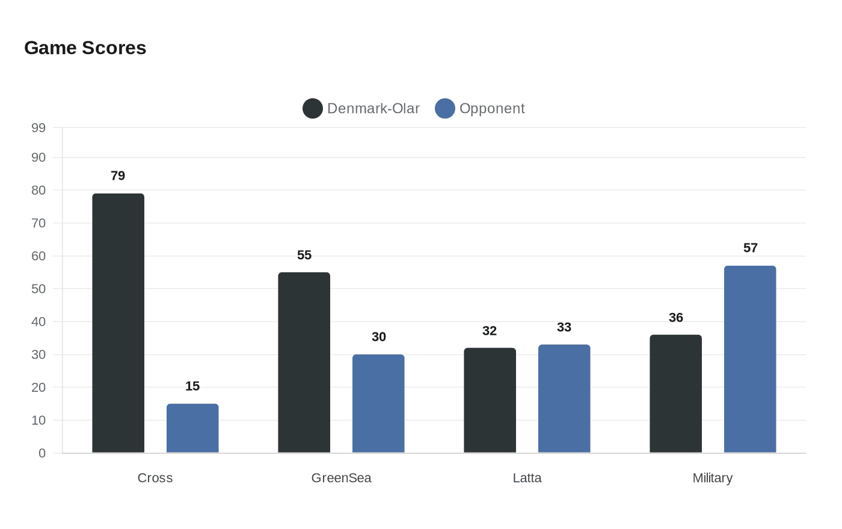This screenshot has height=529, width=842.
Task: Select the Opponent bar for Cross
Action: click(x=192, y=428)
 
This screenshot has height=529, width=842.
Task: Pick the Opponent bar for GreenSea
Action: click(x=378, y=403)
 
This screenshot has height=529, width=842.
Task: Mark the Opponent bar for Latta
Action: click(x=564, y=399)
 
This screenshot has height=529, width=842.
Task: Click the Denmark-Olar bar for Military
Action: click(x=675, y=394)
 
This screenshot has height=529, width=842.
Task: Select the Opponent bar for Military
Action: click(x=750, y=359)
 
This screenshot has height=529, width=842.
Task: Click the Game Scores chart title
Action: click(x=85, y=48)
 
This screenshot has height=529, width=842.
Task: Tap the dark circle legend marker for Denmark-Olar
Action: click(x=313, y=109)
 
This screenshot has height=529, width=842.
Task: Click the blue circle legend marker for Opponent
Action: click(x=445, y=109)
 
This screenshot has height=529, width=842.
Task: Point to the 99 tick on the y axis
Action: click(x=38, y=127)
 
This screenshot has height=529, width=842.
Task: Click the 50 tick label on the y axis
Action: click(x=38, y=289)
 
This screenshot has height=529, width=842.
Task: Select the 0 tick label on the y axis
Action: click(x=42, y=453)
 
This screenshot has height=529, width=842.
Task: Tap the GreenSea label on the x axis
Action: click(x=341, y=478)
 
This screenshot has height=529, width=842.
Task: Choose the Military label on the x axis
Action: click(x=712, y=478)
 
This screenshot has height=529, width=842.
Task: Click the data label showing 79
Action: click(x=118, y=176)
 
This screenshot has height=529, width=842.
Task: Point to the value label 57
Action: click(x=750, y=248)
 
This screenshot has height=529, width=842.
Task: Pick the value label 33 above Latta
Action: click(x=564, y=327)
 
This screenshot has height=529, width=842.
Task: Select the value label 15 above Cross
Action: click(x=192, y=386)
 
